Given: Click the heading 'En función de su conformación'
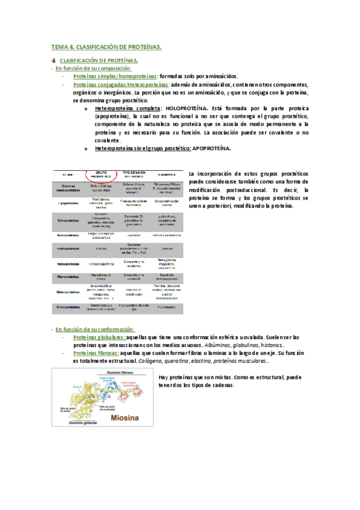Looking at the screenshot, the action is click(95, 330).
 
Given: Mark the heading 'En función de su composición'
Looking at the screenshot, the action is click(93, 69).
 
